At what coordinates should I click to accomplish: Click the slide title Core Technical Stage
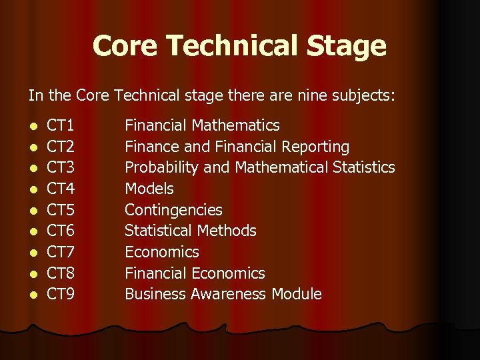tap(239, 46)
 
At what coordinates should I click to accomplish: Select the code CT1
tap(61, 125)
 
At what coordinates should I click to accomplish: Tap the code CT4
tap(61, 189)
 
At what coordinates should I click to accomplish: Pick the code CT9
tap(61, 294)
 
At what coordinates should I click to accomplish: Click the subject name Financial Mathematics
tap(202, 125)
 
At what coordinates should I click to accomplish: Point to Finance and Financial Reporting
tap(237, 147)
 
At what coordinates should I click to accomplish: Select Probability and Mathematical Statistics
tap(260, 167)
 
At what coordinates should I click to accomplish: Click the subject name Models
tap(149, 189)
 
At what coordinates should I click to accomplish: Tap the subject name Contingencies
tap(173, 210)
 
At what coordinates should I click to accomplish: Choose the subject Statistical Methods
tap(191, 231)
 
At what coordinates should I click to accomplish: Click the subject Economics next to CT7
tap(162, 252)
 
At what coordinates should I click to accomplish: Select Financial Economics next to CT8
tap(195, 273)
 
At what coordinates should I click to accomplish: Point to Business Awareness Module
tap(223, 294)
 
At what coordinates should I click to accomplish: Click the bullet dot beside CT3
tap(33, 169)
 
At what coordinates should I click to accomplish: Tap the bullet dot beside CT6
tap(33, 232)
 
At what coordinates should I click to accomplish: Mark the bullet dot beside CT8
tap(33, 274)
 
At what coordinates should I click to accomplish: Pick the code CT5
tap(61, 210)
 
